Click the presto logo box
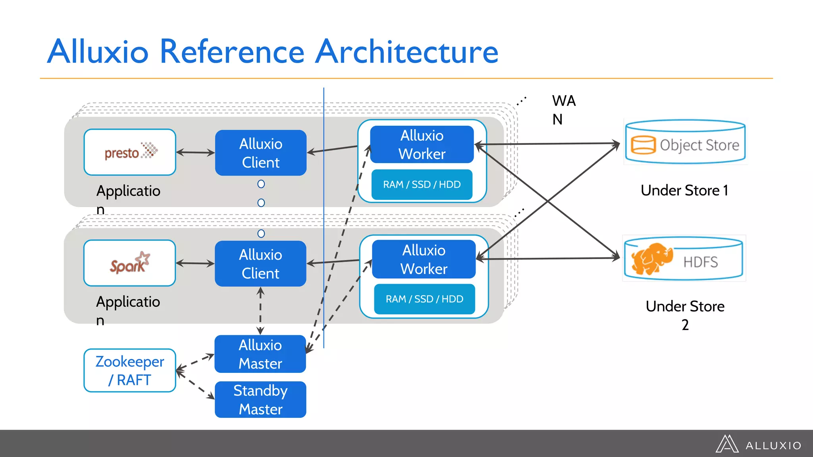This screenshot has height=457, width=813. coord(130,152)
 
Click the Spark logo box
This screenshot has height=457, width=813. coord(129,263)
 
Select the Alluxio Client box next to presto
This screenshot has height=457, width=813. coord(261,153)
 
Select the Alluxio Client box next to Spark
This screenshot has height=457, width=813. coord(260,264)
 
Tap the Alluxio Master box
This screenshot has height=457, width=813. coord(260,354)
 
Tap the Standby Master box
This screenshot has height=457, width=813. coord(260,399)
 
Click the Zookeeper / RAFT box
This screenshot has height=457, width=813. coord(130,371)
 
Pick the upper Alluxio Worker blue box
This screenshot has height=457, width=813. coord(422,144)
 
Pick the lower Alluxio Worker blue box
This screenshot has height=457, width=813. coord(424,259)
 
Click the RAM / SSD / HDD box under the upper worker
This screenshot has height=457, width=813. coord(422,184)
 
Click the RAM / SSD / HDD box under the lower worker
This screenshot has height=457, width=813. coord(424,299)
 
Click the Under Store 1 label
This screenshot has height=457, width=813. coord(684,190)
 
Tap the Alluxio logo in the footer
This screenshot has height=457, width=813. coord(758,444)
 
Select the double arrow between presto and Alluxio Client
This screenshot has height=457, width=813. coord(195,152)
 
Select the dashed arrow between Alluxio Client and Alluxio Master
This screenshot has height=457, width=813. coord(260,311)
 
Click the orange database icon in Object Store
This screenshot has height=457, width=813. coord(643,145)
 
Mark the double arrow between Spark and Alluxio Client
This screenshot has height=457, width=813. coord(195,263)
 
